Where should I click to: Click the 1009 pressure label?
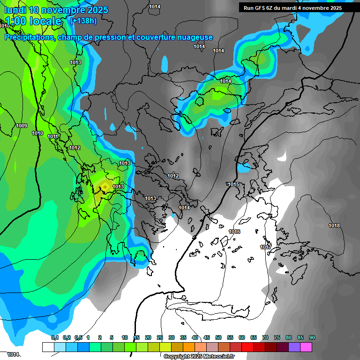click(x=22, y=126)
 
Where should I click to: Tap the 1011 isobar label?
click(x=52, y=136)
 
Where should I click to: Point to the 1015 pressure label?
click(x=233, y=184)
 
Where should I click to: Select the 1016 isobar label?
click(x=234, y=232)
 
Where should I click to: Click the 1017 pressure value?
click(x=266, y=247)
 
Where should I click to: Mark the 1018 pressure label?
click(x=334, y=226)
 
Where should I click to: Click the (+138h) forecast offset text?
click(x=83, y=21)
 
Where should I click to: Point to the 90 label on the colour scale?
click(x=312, y=337)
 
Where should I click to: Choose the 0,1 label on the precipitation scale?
click(x=54, y=337)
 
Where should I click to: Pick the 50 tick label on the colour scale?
click(x=218, y=337)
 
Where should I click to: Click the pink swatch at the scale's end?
click(x=306, y=347)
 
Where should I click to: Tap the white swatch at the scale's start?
click(x=48, y=347)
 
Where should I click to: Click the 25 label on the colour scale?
click(x=160, y=337)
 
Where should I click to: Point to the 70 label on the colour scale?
click(x=265, y=337)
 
